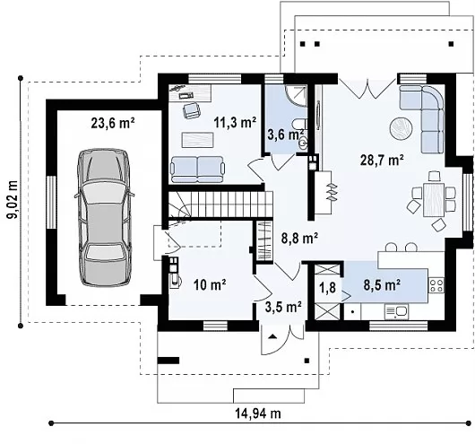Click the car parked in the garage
105,217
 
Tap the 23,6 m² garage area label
113,123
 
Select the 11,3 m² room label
235,122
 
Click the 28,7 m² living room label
382,160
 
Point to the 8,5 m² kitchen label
382,285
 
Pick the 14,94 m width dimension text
258,414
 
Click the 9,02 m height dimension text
13,199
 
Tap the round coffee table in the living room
401,128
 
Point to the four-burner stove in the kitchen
436,286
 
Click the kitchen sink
396,311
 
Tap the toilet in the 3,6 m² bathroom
301,125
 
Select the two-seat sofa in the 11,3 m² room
197,170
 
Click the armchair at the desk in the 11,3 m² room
192,109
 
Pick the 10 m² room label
210,284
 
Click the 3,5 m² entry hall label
283,307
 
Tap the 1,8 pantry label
328,287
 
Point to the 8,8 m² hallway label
299,238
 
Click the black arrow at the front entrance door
272,336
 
